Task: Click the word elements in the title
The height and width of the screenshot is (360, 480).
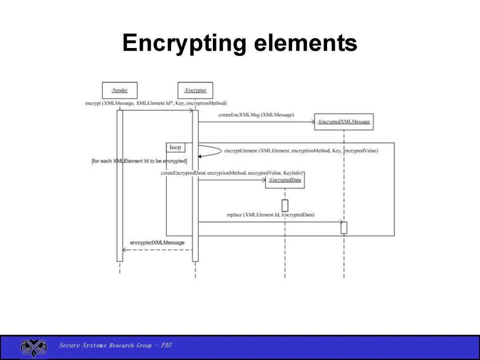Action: pyautogui.click(x=306, y=44)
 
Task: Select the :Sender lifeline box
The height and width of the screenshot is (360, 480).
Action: pyautogui.click(x=120, y=90)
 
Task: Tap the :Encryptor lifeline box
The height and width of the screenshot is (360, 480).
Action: pyautogui.click(x=195, y=90)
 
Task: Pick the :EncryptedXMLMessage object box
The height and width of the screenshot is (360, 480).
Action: pyautogui.click(x=344, y=121)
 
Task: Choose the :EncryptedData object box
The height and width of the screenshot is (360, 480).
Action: pyautogui.click(x=285, y=180)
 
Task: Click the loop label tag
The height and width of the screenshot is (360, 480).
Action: pyautogui.click(x=175, y=148)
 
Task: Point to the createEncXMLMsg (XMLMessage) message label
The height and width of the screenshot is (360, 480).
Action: pyautogui.click(x=256, y=115)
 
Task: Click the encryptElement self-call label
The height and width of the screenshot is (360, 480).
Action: pyautogui.click(x=301, y=151)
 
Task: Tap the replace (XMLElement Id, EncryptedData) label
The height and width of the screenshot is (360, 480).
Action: pyautogui.click(x=270, y=215)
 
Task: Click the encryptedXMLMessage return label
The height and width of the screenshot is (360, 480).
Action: pyautogui.click(x=157, y=243)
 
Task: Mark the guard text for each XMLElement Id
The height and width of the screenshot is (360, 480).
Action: pyautogui.click(x=139, y=161)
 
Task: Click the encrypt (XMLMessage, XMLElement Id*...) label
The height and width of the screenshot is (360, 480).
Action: pyautogui.click(x=156, y=103)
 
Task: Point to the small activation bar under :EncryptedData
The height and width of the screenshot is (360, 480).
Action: pyautogui.click(x=285, y=205)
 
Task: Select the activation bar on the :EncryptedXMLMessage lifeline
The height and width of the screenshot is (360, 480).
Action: pyautogui.click(x=344, y=227)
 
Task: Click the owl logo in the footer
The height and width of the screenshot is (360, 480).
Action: pyautogui.click(x=34, y=348)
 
